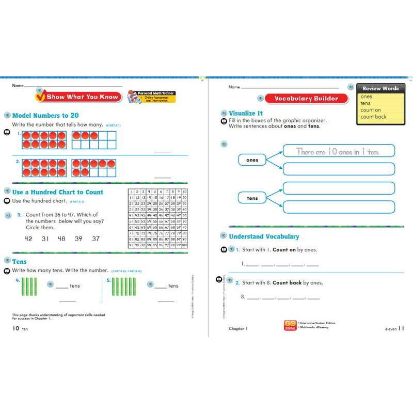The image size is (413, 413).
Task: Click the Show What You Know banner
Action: click(78, 97)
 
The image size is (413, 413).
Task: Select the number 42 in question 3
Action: click(28, 239)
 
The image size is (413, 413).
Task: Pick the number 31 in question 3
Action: click(45, 239)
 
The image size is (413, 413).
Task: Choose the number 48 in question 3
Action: click(61, 239)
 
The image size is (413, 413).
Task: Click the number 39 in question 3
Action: click(78, 239)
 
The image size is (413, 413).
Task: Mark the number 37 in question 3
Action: click(96, 239)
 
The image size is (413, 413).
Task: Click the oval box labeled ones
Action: click(252, 160)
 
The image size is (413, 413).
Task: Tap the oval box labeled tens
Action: click(252, 198)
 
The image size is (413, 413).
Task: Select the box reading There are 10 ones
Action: click(338, 151)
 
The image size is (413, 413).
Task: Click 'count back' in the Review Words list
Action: click(373, 117)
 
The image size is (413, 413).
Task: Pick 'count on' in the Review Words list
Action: click(371, 110)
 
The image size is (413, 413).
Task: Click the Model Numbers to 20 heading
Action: click(45, 116)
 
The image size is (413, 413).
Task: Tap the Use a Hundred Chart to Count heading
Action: click(57, 192)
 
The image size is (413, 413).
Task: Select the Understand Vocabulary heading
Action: click(264, 236)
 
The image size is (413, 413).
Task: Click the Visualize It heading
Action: click(246, 113)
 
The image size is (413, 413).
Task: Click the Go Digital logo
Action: click(290, 326)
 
